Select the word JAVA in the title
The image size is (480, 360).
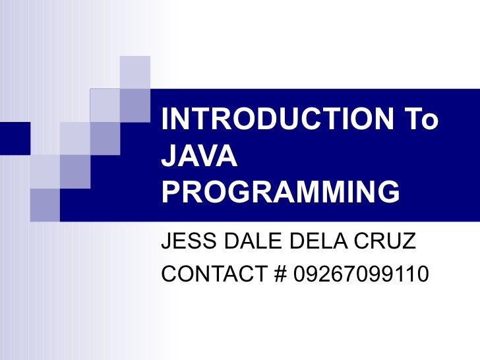point(198,156)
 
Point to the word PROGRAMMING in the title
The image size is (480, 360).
point(281,192)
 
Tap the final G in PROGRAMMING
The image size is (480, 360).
point(387,192)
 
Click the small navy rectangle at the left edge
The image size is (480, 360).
point(15,137)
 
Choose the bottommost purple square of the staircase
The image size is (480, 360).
point(45,204)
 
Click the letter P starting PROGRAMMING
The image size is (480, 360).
point(171,192)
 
